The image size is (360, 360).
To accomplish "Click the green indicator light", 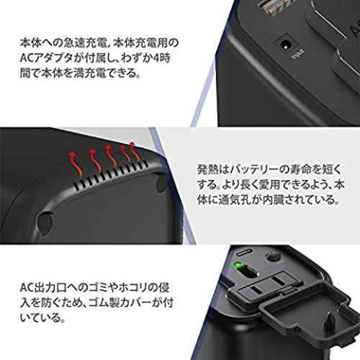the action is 238,265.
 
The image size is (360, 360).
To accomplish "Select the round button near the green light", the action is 273,257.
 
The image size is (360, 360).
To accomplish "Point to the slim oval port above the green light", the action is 244,253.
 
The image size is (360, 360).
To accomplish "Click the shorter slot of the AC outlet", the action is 256,291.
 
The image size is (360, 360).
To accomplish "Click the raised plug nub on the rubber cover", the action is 330,323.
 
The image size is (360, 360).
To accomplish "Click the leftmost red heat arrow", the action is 75,163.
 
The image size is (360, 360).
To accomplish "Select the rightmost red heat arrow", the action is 135,151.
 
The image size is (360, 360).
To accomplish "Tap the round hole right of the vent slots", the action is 161,185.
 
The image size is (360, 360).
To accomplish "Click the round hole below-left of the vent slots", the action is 45,223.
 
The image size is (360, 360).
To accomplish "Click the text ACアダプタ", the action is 47,58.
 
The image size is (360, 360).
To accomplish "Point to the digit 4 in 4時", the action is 157,58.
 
